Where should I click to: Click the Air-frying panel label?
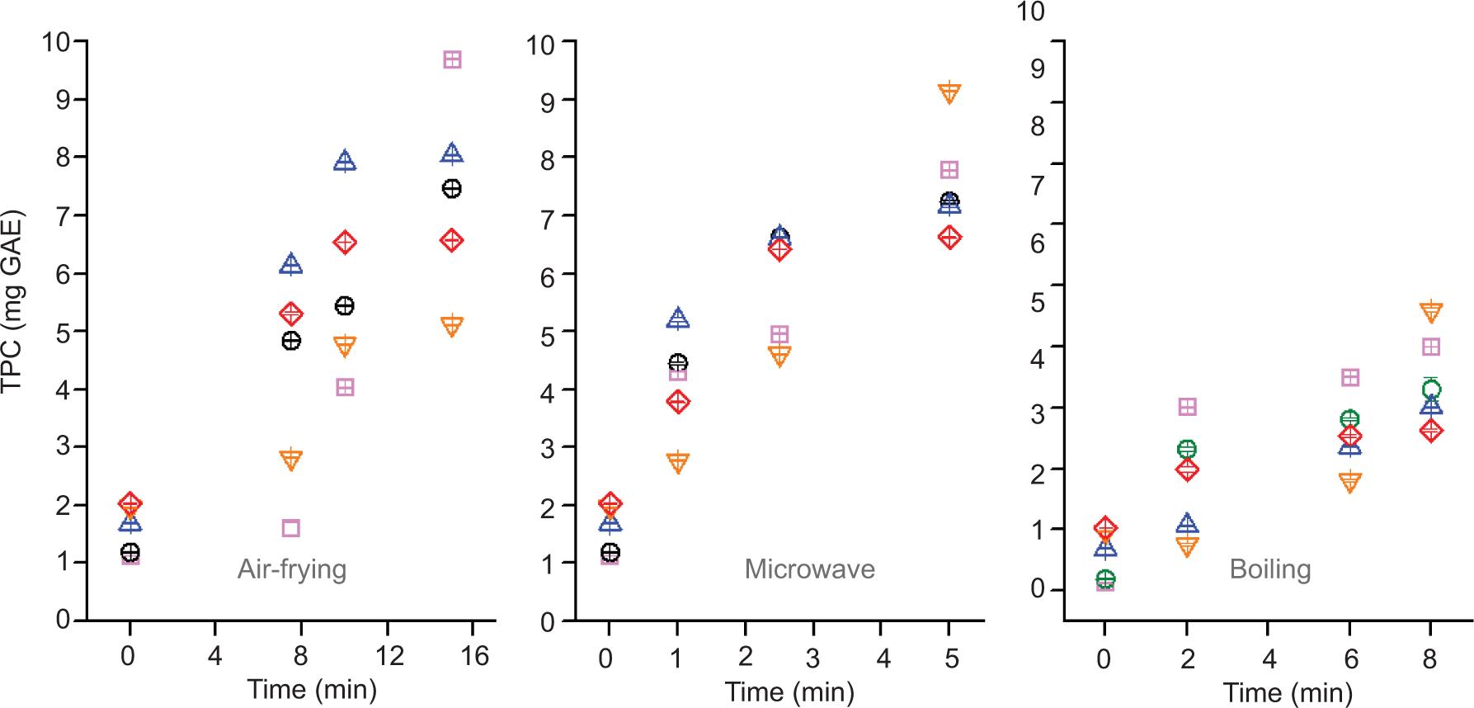292,569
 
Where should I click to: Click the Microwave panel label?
809,569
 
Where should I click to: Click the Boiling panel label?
1269,569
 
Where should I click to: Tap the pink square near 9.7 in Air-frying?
452,59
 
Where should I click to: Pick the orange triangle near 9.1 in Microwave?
949,93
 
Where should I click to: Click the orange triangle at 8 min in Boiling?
1431,312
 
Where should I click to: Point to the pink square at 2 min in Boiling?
1187,407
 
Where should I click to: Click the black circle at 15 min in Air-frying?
451,189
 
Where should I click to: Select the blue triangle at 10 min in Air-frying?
345,161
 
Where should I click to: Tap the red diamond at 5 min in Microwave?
949,238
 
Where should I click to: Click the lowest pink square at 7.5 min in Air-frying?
290,528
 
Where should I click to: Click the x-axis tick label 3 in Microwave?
814,658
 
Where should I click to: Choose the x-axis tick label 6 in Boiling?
1349,659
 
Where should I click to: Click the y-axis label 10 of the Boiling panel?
1031,12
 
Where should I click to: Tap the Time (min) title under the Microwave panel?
789,691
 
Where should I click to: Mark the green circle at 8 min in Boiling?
1431,389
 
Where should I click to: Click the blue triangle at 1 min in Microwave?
677,319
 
